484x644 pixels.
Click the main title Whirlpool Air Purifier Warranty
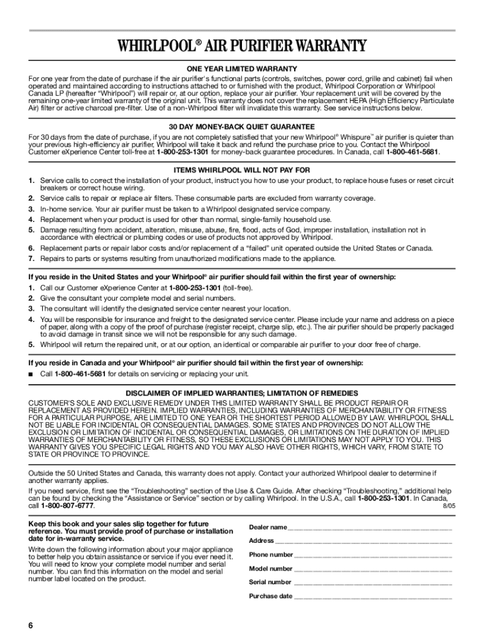tap(241, 46)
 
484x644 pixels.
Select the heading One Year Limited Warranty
tap(241, 69)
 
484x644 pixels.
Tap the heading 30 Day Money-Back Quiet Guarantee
tap(241, 126)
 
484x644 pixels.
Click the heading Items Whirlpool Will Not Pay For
tap(241, 170)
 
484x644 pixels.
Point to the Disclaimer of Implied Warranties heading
tap(241, 393)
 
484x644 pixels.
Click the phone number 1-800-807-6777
tap(68, 506)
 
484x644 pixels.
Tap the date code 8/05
tap(449, 506)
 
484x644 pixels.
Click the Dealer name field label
tap(268, 527)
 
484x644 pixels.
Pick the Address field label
tap(261, 541)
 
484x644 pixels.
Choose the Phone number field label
tap(271, 555)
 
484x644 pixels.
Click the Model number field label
tap(271, 569)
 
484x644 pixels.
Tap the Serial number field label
tap(270, 582)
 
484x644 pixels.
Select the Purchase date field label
tap(271, 596)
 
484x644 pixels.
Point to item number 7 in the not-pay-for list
tap(31, 258)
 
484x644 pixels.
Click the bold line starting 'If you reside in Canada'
tap(196, 363)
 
